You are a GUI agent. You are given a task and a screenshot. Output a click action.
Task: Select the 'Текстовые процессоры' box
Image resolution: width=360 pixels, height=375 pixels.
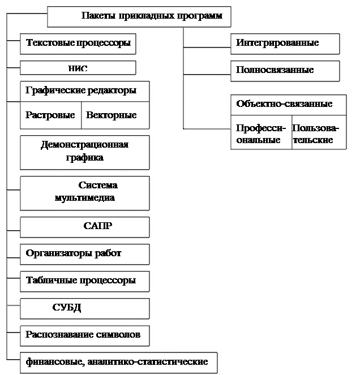click(78, 44)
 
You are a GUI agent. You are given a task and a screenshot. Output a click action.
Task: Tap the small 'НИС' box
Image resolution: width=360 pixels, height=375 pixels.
click(78, 68)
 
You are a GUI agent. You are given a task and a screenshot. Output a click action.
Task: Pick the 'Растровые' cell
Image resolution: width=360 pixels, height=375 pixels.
click(51, 115)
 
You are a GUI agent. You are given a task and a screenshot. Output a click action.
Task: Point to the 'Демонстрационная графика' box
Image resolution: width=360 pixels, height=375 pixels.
click(85, 152)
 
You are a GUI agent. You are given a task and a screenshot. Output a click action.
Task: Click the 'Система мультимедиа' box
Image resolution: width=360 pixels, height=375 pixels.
click(85, 192)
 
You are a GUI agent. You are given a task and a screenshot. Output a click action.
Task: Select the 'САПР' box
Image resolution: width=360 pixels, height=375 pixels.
click(85, 227)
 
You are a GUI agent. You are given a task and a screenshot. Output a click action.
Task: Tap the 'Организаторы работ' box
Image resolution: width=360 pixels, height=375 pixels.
click(85, 254)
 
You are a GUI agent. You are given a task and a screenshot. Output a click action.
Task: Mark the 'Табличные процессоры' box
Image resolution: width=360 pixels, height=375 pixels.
click(85, 281)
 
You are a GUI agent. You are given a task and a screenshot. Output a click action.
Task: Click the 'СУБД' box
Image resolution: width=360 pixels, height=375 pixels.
click(85, 308)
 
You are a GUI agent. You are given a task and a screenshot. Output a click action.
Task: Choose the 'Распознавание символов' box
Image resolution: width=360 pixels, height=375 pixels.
click(85, 335)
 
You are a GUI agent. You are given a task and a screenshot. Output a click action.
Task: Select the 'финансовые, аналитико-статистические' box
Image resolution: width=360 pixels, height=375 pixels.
click(118, 363)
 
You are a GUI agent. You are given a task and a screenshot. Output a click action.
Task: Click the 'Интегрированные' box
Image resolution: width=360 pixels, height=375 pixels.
click(285, 44)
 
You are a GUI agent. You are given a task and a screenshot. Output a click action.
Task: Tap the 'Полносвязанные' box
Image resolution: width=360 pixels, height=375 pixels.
click(285, 71)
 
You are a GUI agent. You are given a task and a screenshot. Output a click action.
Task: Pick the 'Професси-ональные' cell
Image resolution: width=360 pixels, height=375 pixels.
click(261, 134)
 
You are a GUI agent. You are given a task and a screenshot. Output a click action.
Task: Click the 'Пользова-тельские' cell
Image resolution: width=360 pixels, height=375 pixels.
click(319, 134)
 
